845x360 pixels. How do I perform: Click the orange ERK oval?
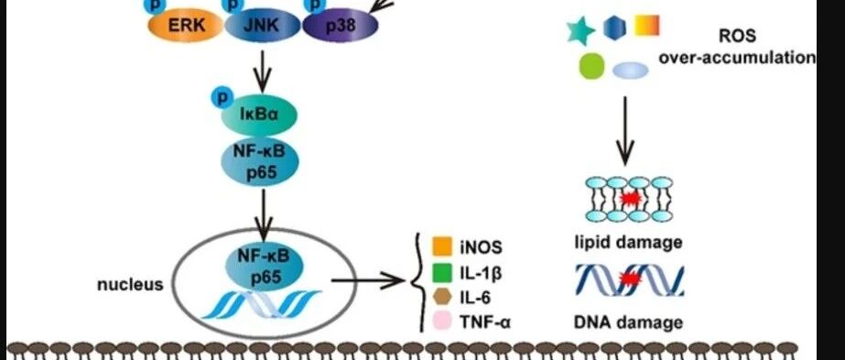(x=186, y=26)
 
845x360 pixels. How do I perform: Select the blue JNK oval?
(x=262, y=26)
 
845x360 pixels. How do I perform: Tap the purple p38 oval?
(x=340, y=26)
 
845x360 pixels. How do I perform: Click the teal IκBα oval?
(x=259, y=115)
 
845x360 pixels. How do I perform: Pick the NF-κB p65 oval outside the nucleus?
(x=260, y=161)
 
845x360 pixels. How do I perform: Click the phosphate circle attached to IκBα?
(x=221, y=98)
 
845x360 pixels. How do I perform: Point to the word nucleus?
(x=130, y=285)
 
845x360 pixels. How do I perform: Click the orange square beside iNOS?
(x=442, y=246)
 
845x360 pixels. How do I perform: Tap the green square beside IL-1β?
(x=442, y=272)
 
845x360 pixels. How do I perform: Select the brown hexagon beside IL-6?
(x=442, y=298)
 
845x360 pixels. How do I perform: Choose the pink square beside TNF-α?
(x=442, y=322)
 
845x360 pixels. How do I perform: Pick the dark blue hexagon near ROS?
(x=615, y=28)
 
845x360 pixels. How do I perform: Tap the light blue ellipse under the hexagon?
(x=631, y=70)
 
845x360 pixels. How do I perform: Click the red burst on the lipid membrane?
(x=629, y=200)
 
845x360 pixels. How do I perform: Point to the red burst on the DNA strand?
(x=628, y=279)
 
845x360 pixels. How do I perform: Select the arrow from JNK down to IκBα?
(x=263, y=71)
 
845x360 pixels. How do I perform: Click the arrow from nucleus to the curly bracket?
(x=368, y=280)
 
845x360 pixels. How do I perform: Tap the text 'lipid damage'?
(x=628, y=242)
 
